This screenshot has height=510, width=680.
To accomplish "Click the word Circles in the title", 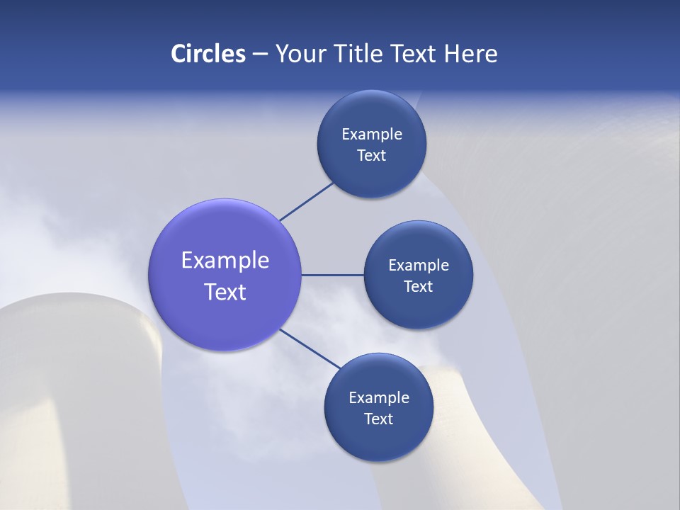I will click(208, 54).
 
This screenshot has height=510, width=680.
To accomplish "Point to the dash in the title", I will click(260, 55).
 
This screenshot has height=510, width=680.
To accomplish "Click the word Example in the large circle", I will click(225, 260).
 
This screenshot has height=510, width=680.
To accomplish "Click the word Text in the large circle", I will click(225, 292).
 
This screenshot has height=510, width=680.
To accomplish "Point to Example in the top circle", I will click(371, 134).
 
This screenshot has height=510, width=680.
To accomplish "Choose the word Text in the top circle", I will click(371, 156).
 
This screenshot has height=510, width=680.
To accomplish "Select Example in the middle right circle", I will click(418, 265).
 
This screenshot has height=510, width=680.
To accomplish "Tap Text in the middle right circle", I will click(418, 286).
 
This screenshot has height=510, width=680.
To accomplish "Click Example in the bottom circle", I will click(378, 397).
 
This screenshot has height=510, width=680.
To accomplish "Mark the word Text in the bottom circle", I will click(378, 419).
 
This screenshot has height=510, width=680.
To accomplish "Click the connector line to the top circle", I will click(306, 201).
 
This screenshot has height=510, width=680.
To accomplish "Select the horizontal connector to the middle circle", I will click(332, 275).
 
